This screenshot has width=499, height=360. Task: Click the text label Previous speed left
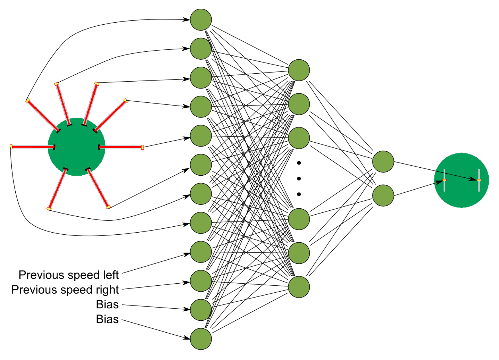pos(68,275)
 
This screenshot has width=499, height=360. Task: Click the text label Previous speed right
pos(65,290)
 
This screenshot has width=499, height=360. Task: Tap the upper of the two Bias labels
pos(107,304)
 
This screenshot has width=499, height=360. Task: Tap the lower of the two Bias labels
pos(107,319)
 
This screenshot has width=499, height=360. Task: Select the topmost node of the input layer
pos(201,20)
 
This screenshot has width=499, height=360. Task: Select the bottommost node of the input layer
pos(201,339)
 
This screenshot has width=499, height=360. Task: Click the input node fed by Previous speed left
pos(201,252)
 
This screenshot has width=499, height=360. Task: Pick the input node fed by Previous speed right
pos(201,281)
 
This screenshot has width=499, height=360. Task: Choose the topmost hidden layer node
pos(299,70)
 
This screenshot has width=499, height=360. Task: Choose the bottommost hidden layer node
pos(299,287)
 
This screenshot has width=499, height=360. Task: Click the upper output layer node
pos(383,161)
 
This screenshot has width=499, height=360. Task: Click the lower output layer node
pos(383,195)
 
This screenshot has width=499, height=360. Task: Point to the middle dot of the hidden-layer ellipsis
pos(299,178)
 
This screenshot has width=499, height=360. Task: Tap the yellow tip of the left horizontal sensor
pos(11,147)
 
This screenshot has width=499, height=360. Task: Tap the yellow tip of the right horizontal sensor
pos(142,147)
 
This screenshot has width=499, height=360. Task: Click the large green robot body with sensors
pos(76,147)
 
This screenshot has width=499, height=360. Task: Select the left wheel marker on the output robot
pos(444,180)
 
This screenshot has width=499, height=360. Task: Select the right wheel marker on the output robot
pos(479,180)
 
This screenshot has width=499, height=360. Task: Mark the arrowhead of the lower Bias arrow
pos(188,337)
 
